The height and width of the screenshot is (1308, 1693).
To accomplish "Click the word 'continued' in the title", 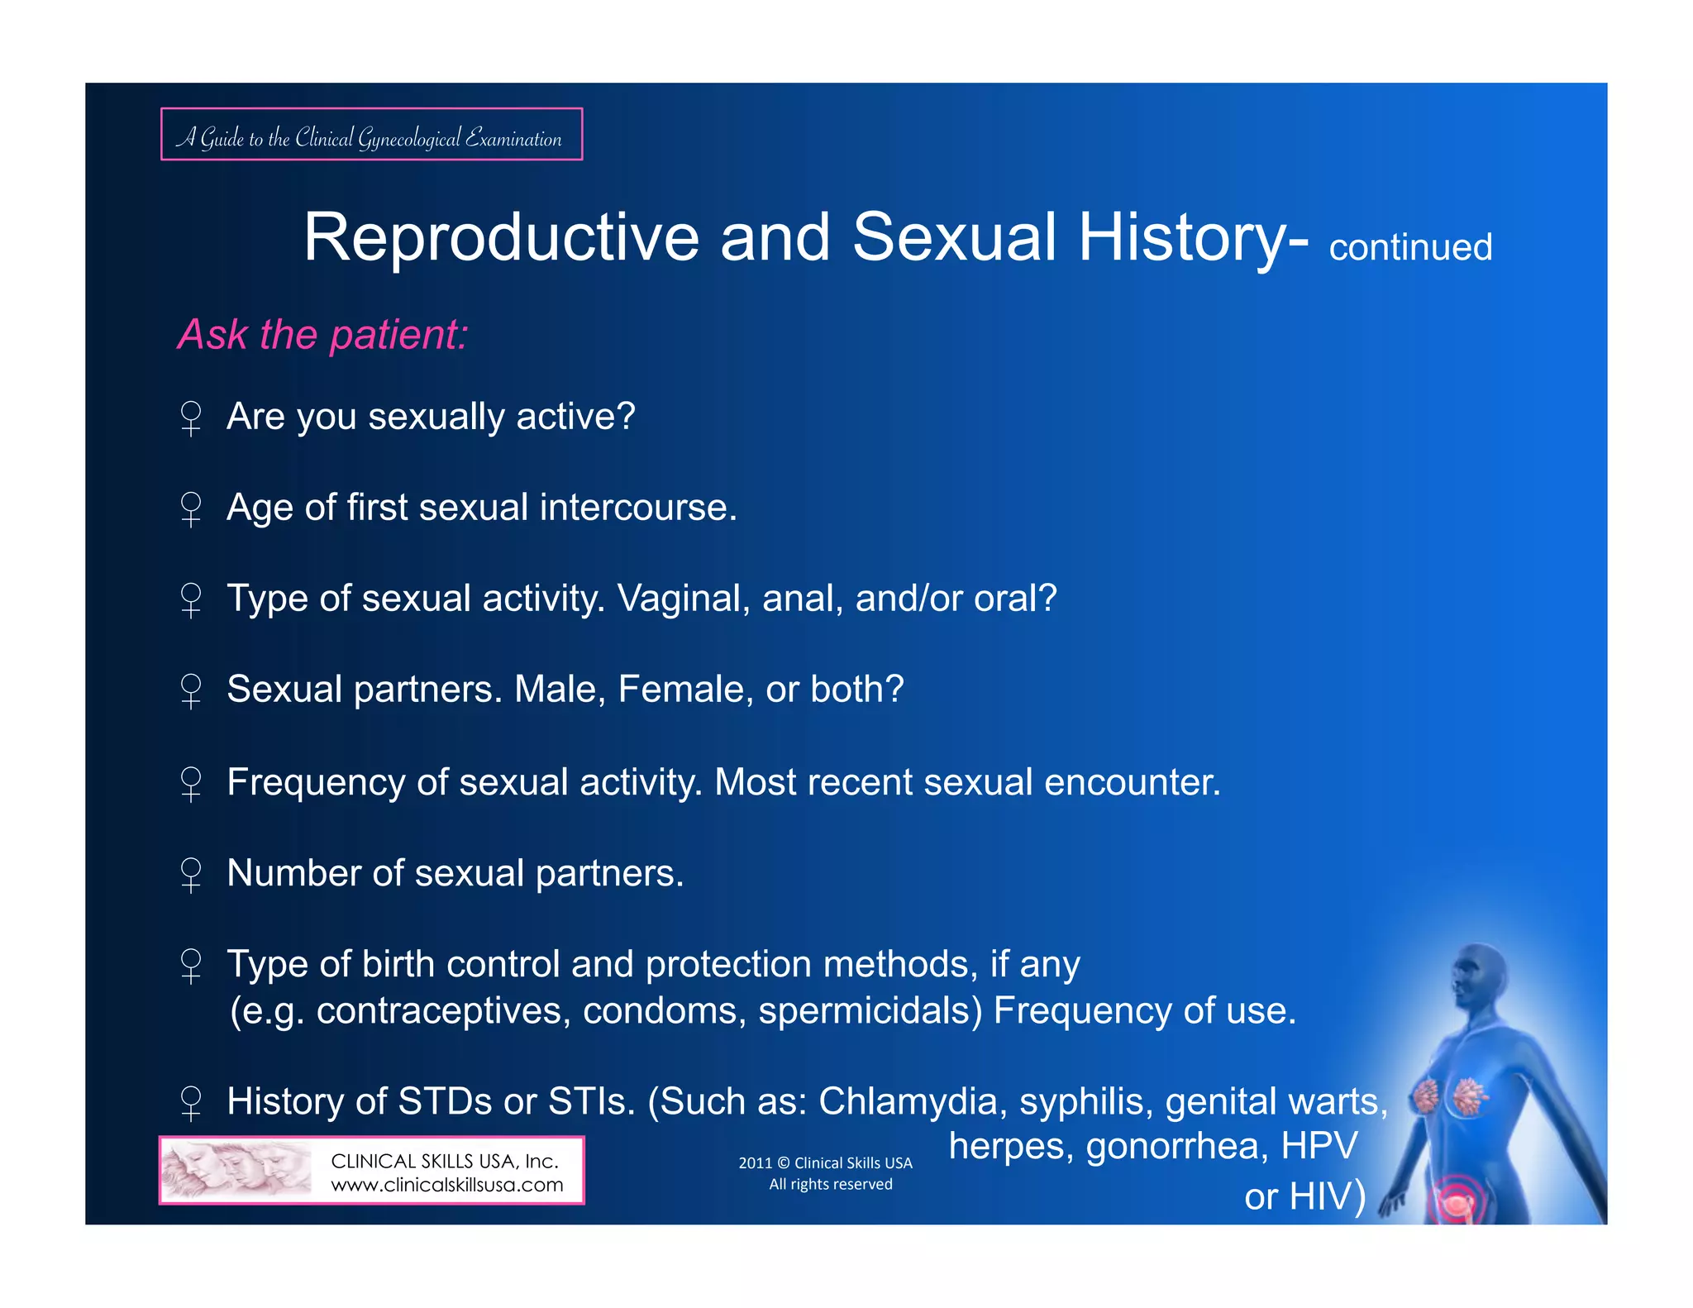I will click(x=1409, y=247).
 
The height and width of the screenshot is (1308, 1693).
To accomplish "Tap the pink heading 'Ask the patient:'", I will click(x=322, y=335).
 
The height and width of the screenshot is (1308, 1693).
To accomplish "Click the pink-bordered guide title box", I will click(x=371, y=135).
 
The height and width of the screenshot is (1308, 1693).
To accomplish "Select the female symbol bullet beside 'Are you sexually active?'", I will click(x=191, y=418).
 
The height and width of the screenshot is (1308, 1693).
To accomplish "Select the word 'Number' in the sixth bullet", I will click(x=293, y=873).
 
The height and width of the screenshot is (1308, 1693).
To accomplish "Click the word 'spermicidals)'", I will click(x=870, y=1010).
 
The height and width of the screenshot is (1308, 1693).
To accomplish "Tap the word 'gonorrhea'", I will click(x=1176, y=1146).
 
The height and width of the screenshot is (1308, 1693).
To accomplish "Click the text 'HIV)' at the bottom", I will click(x=1326, y=1196).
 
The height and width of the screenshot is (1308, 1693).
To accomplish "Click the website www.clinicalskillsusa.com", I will click(x=446, y=1185).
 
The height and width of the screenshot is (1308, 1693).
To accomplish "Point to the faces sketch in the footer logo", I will click(x=236, y=1170).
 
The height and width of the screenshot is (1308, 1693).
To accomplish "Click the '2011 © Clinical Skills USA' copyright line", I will click(x=825, y=1163).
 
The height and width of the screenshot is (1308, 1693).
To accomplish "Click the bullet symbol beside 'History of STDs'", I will click(x=191, y=1103).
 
